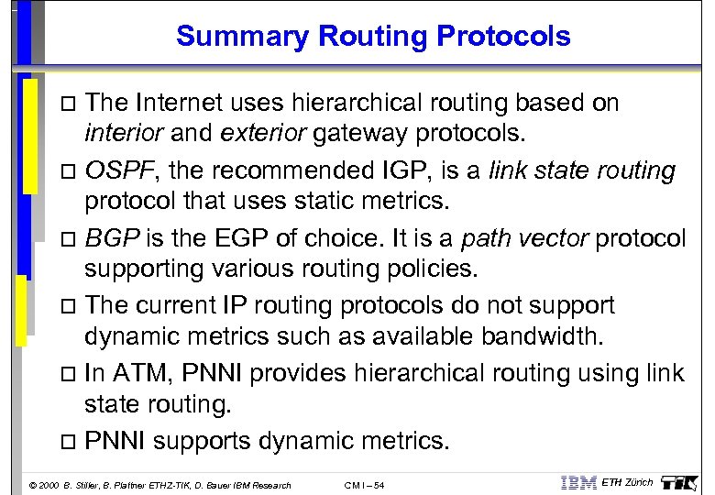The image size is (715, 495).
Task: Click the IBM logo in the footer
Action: tap(577, 483)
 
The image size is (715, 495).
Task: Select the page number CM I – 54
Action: tap(364, 485)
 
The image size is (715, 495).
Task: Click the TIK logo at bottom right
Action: tap(682, 482)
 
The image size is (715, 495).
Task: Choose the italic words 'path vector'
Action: tap(524, 238)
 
